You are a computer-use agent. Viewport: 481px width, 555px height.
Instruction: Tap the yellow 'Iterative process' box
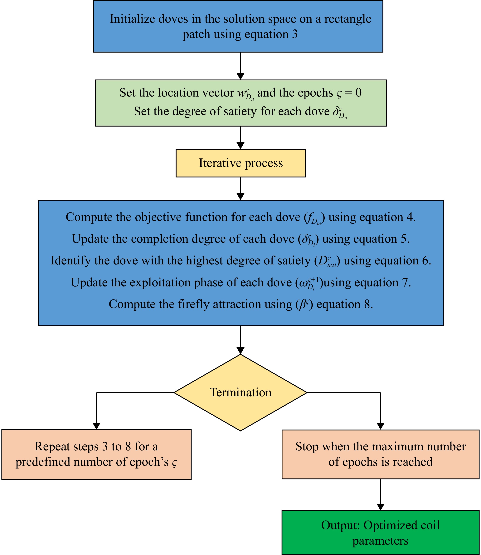[x=240, y=163]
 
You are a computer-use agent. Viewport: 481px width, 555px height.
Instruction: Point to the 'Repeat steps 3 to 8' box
[x=96, y=454]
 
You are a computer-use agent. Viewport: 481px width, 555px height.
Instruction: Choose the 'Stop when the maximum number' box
[x=380, y=454]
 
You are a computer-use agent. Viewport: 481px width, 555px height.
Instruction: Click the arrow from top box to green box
[x=240, y=66]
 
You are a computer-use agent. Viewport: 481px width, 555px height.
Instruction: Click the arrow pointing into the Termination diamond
[x=240, y=340]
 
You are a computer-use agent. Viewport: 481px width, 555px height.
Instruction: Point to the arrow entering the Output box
[x=380, y=495]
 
